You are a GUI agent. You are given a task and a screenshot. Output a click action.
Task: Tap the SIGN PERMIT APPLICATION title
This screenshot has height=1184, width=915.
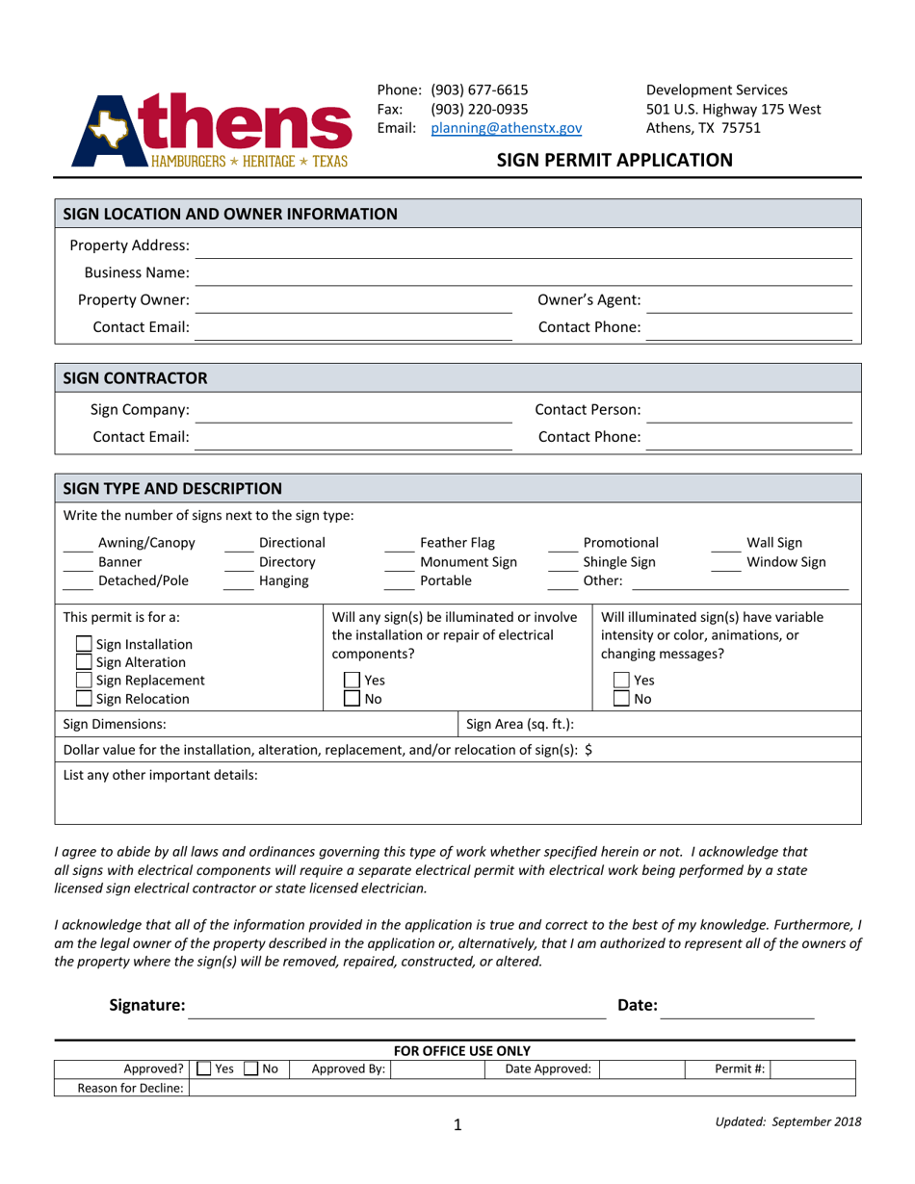click(x=614, y=160)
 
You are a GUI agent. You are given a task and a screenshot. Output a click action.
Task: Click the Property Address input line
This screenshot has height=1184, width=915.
click(x=525, y=247)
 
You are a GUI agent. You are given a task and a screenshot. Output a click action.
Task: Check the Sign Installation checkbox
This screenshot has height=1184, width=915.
click(x=84, y=645)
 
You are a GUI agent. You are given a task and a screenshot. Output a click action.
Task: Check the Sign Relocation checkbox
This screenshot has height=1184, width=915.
click(x=84, y=699)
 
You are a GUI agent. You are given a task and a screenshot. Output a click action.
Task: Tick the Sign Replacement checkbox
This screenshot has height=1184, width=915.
click(x=84, y=681)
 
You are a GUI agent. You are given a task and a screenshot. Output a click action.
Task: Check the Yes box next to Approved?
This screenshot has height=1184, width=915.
click(x=203, y=1068)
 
